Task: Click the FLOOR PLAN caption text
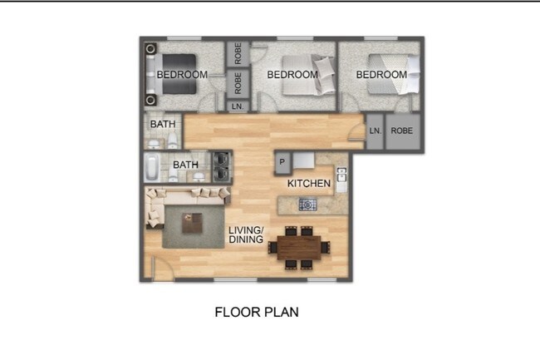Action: pos(257,313)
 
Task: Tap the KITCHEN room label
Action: pos(309,183)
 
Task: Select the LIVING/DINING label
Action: pos(247,235)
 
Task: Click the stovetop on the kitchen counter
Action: pos(307,204)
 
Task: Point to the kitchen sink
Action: pos(341,177)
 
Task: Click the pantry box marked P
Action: pos(282,161)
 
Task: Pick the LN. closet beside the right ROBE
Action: pos(375,131)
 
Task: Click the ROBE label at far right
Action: pos(403,131)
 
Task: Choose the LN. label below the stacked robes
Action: pos(238,106)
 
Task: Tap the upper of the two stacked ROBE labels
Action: pos(238,54)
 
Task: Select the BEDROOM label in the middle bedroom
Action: pos(292,75)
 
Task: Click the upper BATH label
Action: pos(163,125)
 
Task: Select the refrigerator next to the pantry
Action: pos(304,160)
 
